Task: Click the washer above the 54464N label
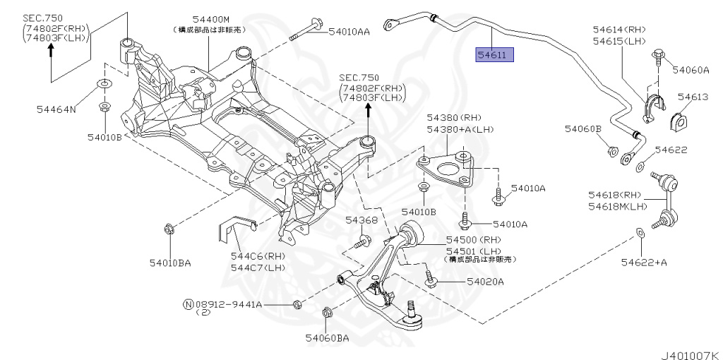[x=103, y=85]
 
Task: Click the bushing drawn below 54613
[x=681, y=121]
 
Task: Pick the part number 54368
[x=361, y=221]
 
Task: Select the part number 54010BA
[x=169, y=263]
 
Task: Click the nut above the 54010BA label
[x=168, y=228]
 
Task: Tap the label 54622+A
[x=644, y=263]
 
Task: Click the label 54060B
[x=582, y=129]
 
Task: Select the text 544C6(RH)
[x=256, y=256]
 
